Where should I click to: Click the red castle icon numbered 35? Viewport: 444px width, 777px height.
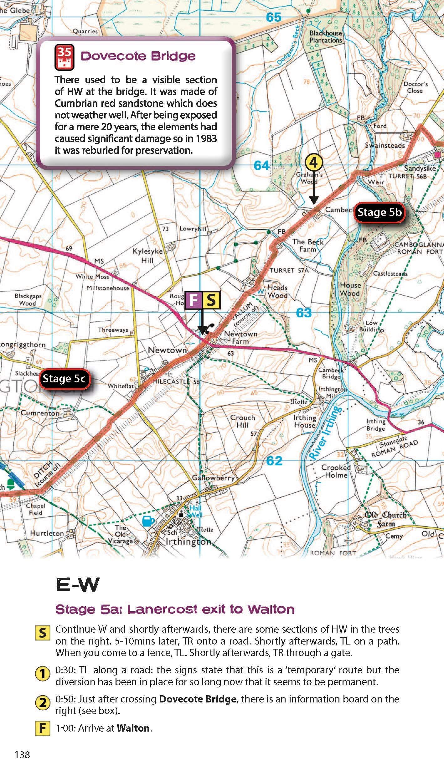(65, 57)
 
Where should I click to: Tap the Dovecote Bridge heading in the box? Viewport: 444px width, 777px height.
(138, 56)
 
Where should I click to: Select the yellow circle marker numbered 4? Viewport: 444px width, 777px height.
(314, 163)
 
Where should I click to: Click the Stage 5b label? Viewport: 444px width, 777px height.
(379, 212)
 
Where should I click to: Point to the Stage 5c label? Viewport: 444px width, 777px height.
(64, 379)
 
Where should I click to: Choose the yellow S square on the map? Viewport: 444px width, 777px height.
(211, 300)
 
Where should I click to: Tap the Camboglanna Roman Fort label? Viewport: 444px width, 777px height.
(419, 248)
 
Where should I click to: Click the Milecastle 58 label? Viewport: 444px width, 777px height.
(176, 382)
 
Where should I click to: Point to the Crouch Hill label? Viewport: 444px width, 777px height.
(242, 421)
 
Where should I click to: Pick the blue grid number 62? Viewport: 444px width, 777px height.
(274, 461)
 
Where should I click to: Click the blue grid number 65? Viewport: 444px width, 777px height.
(273, 18)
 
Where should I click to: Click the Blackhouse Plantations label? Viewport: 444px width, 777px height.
(326, 37)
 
